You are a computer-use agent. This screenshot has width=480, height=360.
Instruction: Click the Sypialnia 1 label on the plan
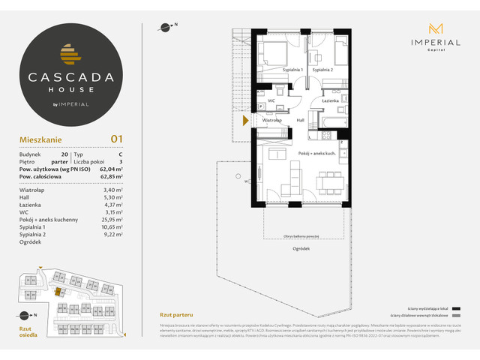click(x=292, y=70)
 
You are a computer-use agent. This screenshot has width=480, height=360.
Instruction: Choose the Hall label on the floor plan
click(x=299, y=120)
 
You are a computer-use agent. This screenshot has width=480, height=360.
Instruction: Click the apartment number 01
click(x=116, y=138)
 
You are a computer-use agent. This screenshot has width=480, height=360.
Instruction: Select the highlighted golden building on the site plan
click(x=57, y=292)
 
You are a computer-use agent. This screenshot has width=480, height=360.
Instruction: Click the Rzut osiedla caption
click(x=27, y=331)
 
